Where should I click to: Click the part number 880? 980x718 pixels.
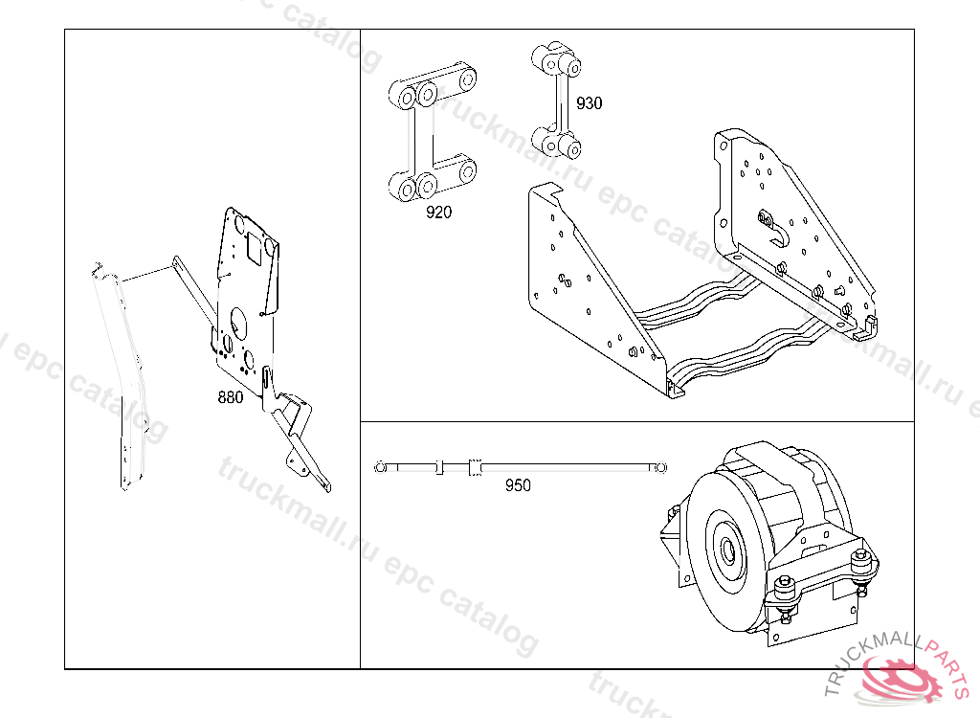click(x=230, y=397)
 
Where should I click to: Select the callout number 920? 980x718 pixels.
click(x=438, y=213)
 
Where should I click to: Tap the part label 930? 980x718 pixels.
click(x=589, y=103)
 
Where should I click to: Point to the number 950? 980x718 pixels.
click(x=518, y=485)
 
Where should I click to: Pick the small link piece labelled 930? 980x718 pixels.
click(x=557, y=101)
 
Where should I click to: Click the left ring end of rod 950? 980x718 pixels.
click(x=380, y=467)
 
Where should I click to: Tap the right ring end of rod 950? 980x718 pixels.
click(x=660, y=467)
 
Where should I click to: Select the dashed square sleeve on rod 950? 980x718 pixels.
click(x=475, y=468)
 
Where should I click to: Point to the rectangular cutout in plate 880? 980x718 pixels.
click(x=255, y=247)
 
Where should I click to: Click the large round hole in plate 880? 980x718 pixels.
click(x=238, y=320)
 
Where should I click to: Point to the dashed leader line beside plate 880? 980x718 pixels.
click(x=146, y=273)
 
